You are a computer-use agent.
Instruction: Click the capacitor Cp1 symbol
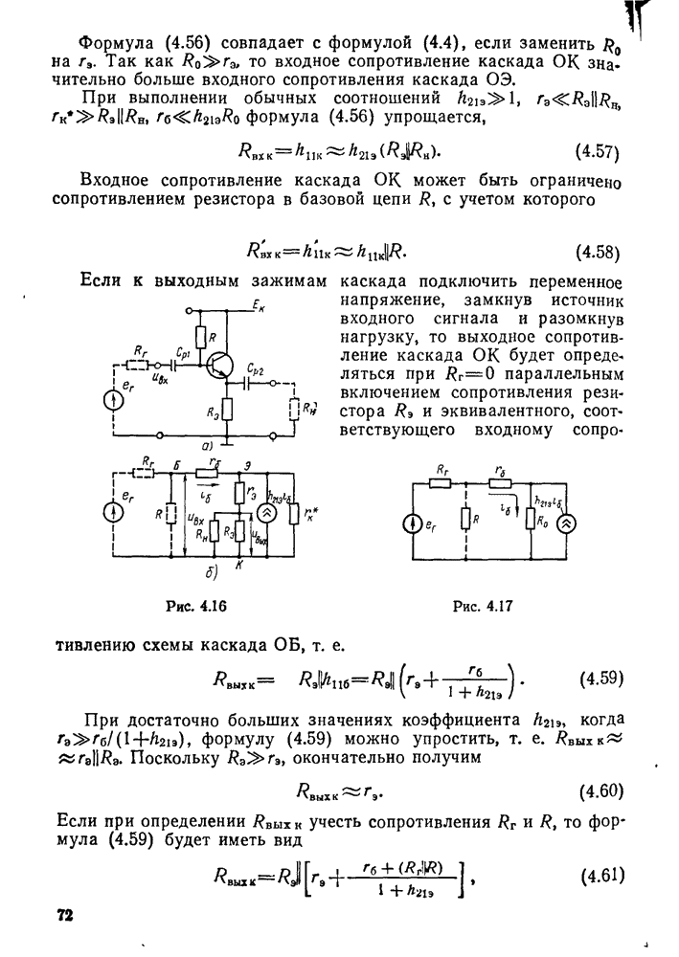[176, 365]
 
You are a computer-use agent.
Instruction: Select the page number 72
[65, 915]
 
